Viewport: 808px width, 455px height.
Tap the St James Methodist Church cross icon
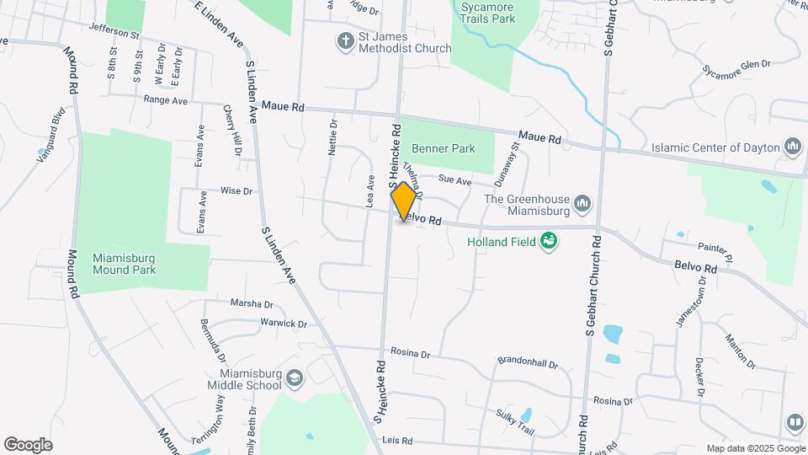coord(344,40)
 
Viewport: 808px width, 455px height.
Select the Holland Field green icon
coord(549,242)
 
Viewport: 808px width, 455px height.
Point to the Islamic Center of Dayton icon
coord(792,147)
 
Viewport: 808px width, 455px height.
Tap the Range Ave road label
coord(165,99)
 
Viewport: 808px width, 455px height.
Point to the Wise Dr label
coord(237,191)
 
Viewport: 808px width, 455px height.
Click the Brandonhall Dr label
coord(528,361)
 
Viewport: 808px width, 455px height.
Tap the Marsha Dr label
coord(252,303)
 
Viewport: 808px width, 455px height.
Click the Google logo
coord(28,444)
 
